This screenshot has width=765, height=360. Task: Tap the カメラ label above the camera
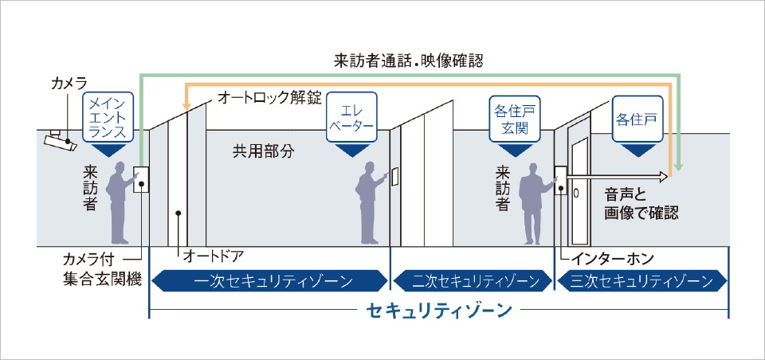point(69,83)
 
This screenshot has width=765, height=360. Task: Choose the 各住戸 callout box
point(637,119)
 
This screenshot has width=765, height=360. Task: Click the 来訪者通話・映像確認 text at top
point(409,60)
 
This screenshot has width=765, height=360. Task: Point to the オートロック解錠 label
point(269,99)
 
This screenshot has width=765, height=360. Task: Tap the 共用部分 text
point(263,149)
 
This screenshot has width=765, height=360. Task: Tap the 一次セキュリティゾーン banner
point(263,280)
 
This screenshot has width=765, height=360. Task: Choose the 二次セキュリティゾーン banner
point(472,280)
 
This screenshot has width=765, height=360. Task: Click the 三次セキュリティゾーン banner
point(642,280)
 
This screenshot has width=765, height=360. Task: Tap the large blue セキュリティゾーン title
point(439,311)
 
